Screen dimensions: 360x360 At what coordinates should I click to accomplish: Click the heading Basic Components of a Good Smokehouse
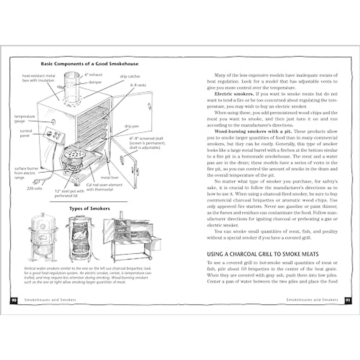click(89, 64)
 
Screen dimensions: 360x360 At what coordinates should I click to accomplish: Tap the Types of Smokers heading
click(89, 208)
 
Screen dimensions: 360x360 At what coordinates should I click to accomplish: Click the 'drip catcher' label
click(130, 76)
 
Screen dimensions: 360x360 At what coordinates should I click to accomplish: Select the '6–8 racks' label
click(138, 85)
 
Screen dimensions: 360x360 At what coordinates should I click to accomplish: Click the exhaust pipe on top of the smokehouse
click(71, 87)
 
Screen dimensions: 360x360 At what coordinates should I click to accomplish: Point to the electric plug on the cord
click(37, 181)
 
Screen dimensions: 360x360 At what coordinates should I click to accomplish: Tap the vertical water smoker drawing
click(41, 237)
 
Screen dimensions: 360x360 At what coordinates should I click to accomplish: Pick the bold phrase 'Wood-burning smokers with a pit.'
click(246, 131)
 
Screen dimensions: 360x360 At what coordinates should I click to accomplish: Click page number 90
click(13, 300)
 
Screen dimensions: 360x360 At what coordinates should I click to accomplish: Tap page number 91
click(346, 300)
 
